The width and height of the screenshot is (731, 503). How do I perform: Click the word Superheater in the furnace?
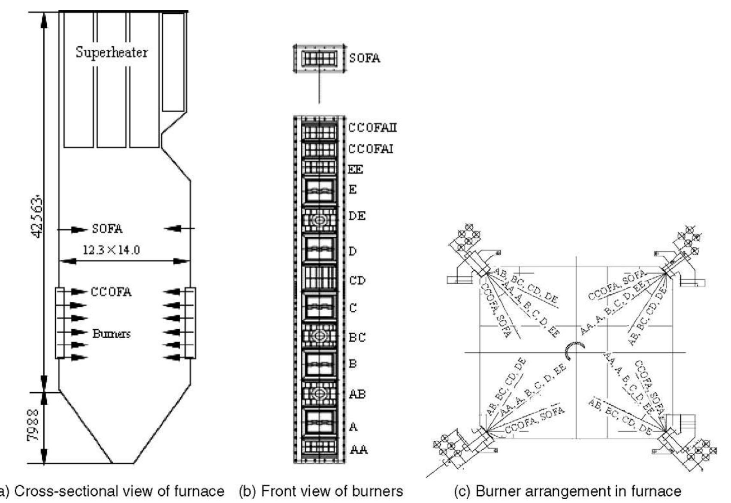[112, 52]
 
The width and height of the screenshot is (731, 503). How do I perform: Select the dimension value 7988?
[34, 424]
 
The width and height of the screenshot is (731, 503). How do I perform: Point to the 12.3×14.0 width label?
[111, 250]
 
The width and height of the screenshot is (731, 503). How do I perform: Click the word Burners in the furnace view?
[111, 333]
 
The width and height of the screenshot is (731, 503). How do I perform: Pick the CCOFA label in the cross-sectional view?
[111, 292]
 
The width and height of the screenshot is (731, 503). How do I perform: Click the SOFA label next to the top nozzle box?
[364, 58]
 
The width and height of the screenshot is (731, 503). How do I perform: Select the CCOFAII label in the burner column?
[372, 128]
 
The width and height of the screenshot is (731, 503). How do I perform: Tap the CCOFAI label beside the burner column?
[371, 149]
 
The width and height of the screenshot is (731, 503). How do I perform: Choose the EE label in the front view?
[355, 170]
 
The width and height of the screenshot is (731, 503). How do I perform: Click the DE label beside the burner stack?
[357, 216]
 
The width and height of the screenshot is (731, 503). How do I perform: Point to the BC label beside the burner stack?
[357, 337]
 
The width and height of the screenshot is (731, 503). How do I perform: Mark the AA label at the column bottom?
[359, 449]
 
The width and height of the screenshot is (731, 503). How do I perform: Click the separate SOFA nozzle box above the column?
[320, 58]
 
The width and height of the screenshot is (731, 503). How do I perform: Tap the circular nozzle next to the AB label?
[319, 393]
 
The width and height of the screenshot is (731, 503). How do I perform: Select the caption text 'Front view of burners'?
[332, 491]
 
